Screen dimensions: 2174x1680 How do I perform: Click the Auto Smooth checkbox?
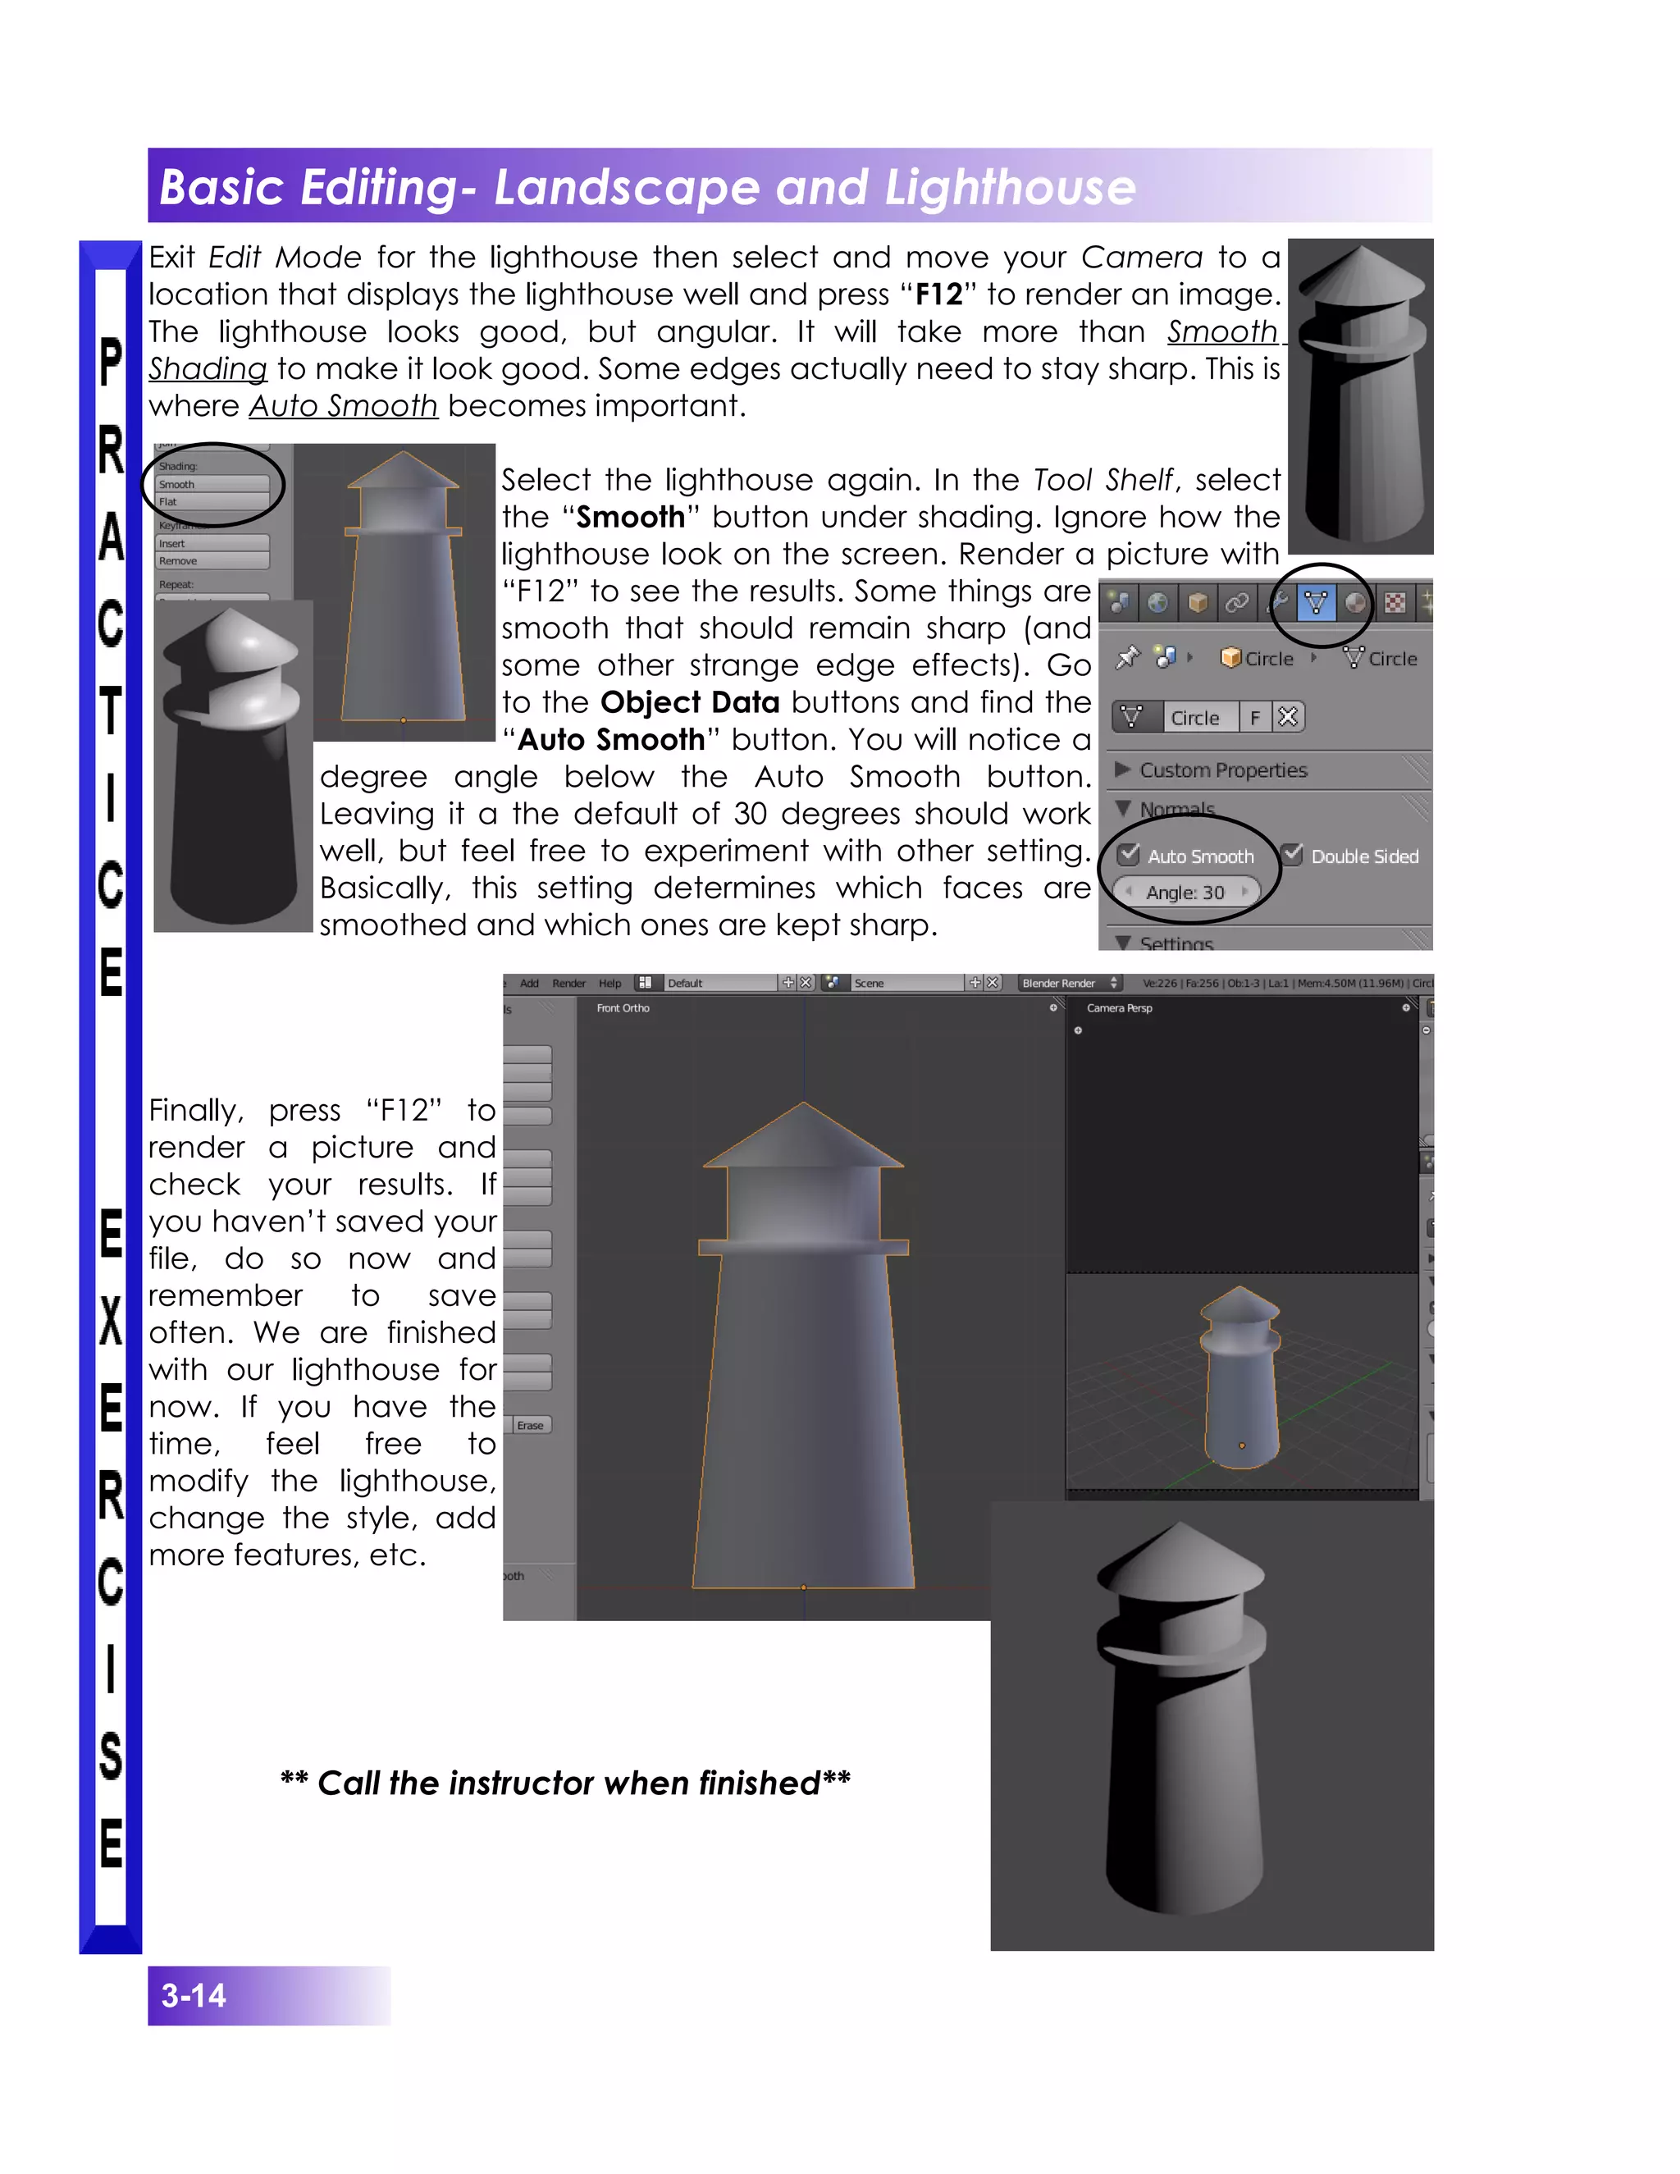[1129, 855]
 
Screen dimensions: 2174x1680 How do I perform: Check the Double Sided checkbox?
[1293, 855]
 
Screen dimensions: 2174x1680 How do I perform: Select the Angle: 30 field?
[1185, 892]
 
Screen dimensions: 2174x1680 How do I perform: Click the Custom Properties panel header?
[1222, 770]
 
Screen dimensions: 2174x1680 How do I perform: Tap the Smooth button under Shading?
[212, 485]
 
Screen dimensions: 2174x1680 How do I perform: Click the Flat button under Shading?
[212, 502]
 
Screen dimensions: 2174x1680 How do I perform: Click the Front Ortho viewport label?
[623, 1008]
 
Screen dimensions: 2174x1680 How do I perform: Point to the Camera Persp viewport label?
[1119, 1008]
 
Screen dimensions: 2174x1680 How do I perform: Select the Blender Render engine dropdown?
[1069, 984]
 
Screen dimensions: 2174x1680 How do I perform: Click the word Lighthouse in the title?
[1009, 187]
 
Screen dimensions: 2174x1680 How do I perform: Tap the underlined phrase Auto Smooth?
[344, 406]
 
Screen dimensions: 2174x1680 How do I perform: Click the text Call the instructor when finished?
[565, 1783]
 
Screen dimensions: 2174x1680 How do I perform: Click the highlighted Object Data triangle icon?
[1316, 602]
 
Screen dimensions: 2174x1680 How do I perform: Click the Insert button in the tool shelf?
[212, 543]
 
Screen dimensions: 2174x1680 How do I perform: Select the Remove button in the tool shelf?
[212, 561]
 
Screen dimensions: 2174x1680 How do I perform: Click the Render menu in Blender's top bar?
[568, 984]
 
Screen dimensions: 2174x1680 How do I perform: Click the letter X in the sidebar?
[111, 1321]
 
